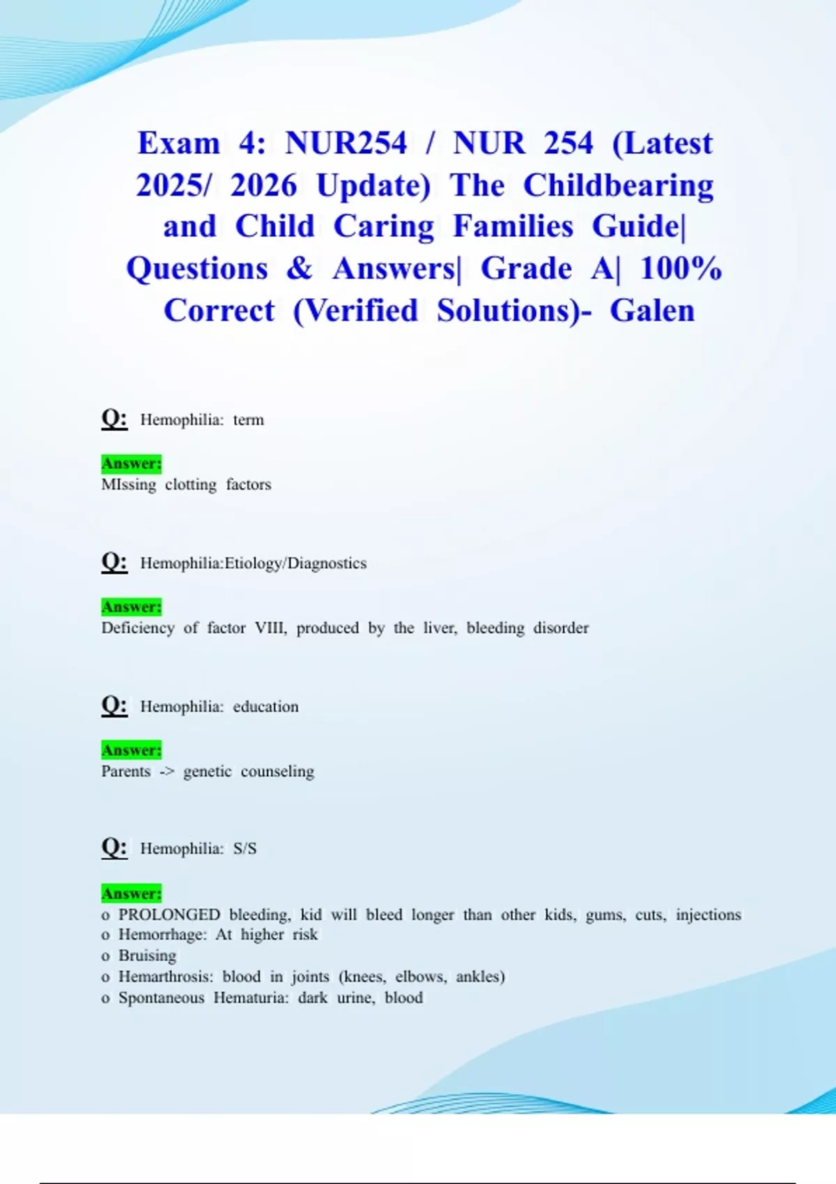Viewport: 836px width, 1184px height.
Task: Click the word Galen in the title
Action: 652,311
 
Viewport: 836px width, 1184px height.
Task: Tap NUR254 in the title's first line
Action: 346,143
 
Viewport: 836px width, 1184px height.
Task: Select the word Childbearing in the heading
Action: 619,185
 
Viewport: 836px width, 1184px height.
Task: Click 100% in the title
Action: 681,269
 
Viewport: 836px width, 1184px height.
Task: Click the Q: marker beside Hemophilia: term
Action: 114,419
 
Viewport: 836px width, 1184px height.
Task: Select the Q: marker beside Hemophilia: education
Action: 114,706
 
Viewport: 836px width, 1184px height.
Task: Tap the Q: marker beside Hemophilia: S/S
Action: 114,848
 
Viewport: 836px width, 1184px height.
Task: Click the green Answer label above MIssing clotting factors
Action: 132,463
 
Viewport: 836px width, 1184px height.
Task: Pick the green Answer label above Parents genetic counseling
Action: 132,750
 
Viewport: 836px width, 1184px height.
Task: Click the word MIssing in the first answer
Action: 129,485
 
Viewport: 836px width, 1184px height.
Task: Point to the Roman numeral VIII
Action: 270,628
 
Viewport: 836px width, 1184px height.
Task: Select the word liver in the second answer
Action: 440,628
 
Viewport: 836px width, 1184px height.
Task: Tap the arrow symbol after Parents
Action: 167,772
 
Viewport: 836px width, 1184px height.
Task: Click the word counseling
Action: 277,772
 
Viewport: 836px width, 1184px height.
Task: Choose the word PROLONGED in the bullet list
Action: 169,914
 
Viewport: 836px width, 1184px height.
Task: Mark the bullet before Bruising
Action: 106,956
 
